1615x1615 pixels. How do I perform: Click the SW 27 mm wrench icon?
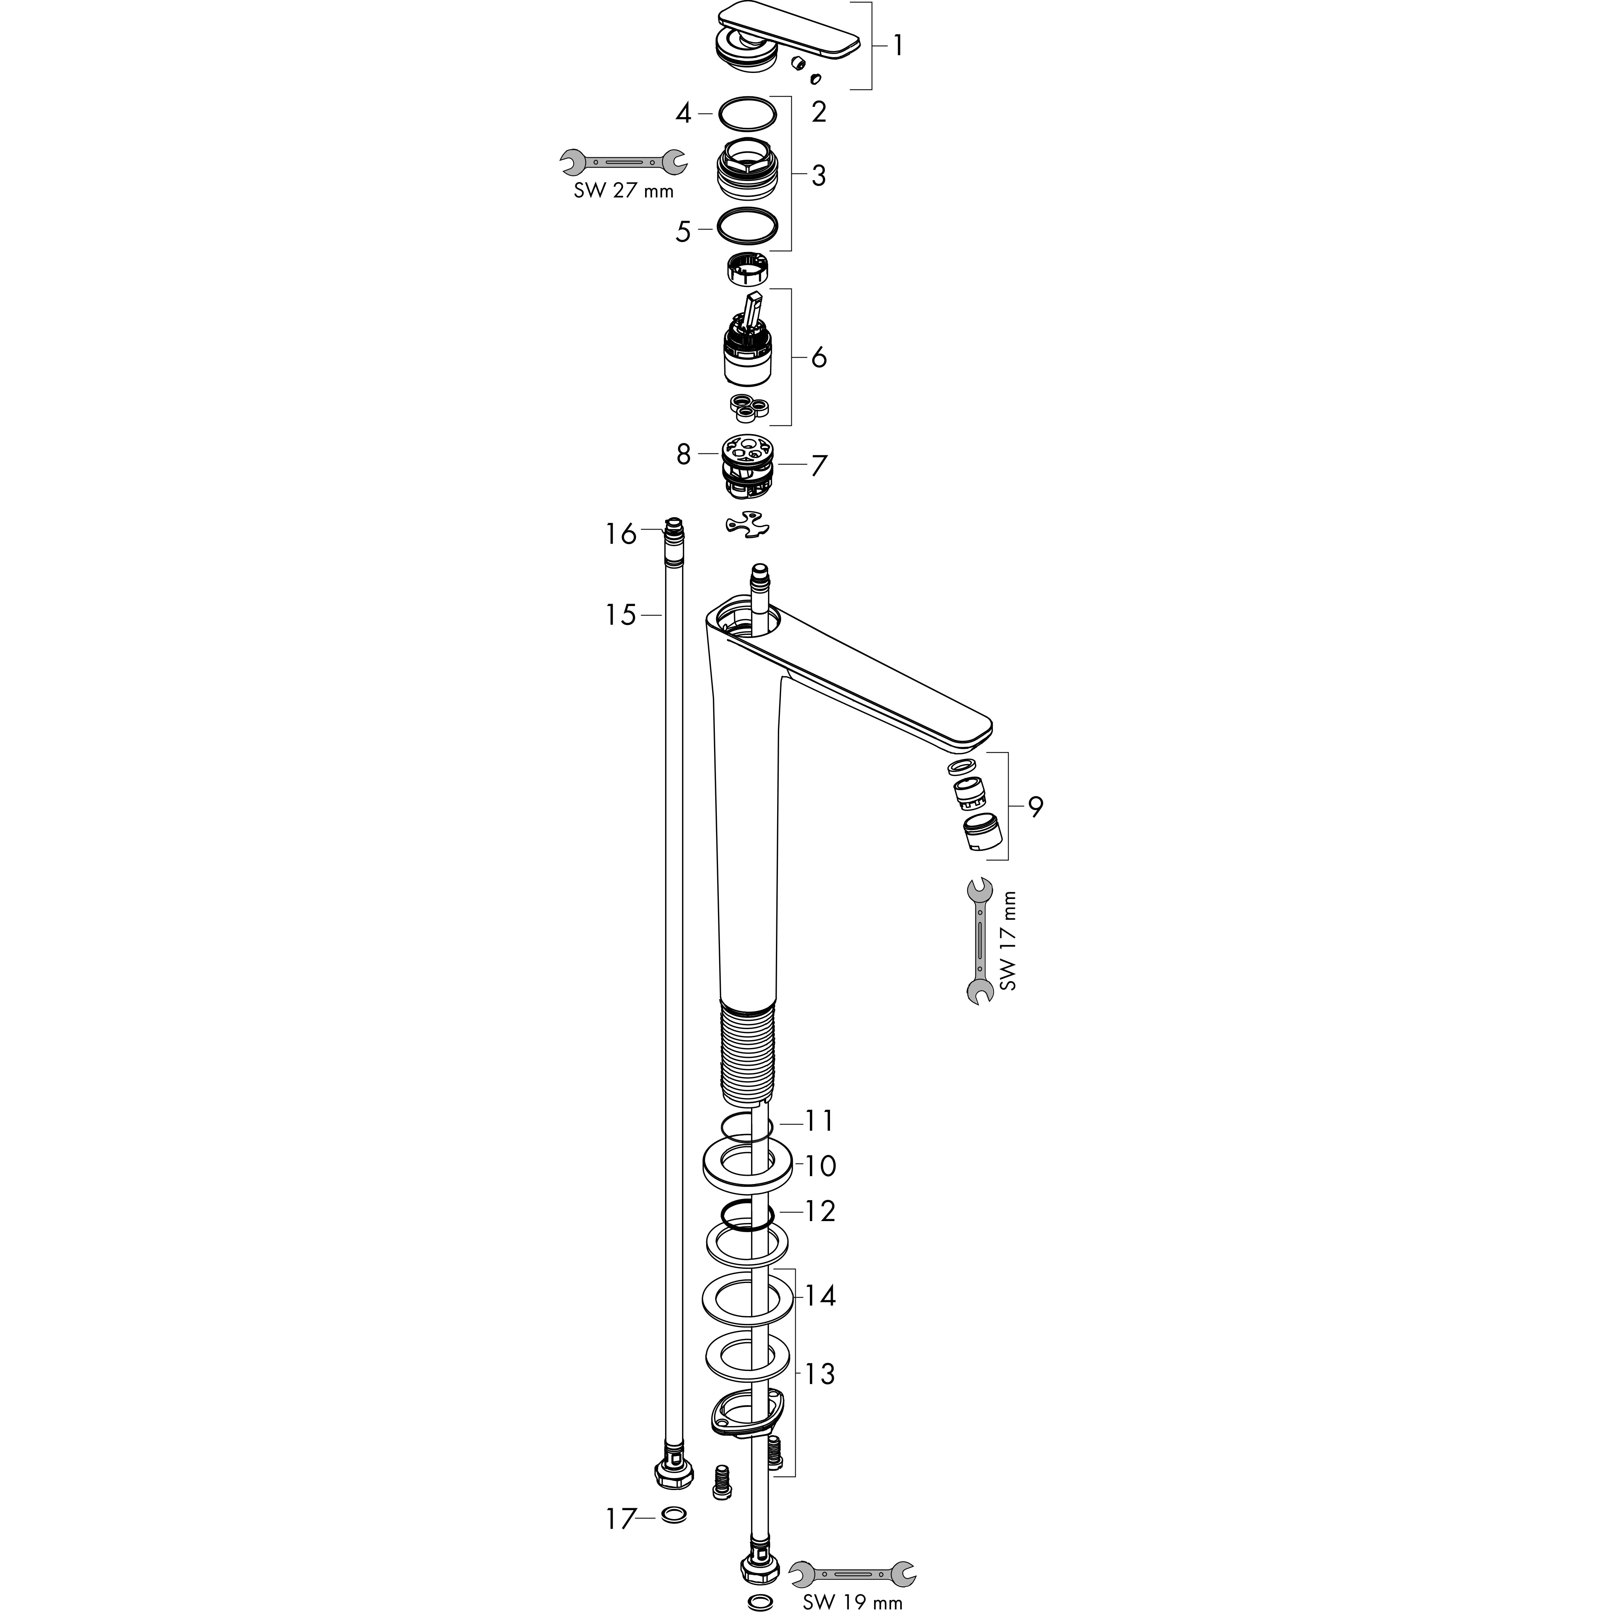(623, 161)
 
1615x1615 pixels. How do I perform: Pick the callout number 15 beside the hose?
(621, 615)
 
